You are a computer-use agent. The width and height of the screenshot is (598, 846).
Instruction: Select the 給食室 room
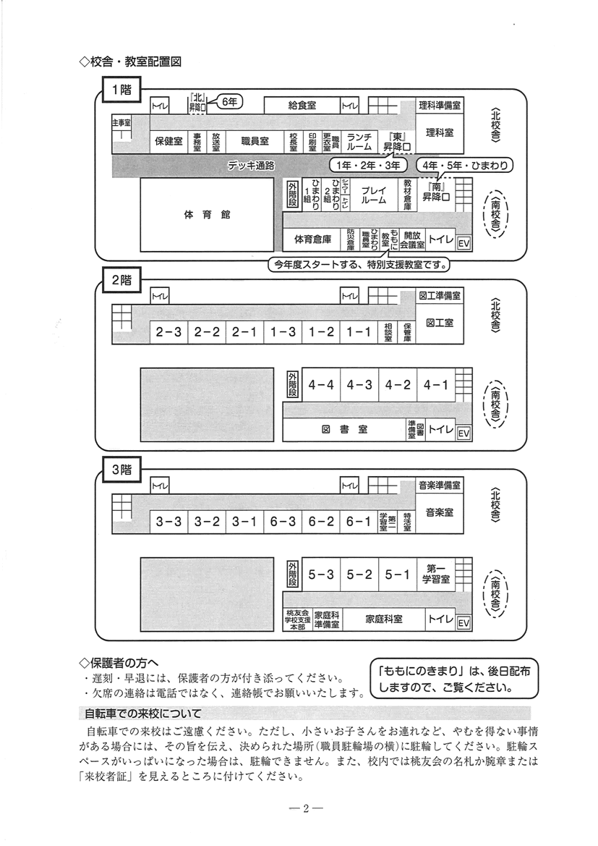[302, 106]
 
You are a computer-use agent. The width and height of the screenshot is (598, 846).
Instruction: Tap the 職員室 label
[255, 141]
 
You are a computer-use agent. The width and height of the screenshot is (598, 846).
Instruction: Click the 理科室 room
[439, 132]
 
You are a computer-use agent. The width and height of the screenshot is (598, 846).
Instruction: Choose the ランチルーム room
[359, 141]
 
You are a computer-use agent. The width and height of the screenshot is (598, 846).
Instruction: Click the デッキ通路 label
[251, 165]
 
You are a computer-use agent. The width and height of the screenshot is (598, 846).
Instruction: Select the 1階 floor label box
[121, 90]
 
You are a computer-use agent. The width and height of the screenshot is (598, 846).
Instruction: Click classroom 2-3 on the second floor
[168, 332]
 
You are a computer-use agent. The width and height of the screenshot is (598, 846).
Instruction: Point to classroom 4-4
[320, 385]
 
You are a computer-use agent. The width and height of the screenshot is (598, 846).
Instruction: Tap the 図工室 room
[439, 323]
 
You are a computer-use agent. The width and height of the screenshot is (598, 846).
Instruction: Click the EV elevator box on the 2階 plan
[464, 433]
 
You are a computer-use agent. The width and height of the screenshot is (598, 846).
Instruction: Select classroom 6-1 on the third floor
[358, 521]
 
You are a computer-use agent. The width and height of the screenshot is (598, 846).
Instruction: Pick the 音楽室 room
[439, 512]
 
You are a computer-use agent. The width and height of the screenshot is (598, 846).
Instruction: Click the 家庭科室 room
[383, 619]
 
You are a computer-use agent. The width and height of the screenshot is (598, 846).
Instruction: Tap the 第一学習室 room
[438, 574]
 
